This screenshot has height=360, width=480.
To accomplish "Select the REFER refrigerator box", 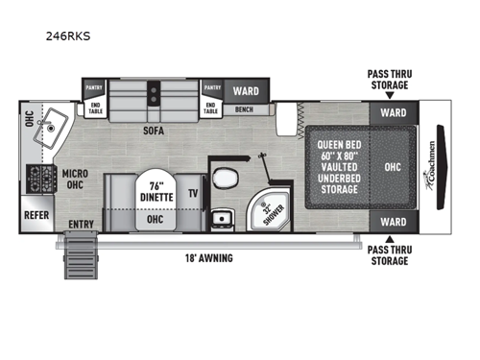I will (x=38, y=214).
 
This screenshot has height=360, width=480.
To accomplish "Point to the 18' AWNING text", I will (x=210, y=257).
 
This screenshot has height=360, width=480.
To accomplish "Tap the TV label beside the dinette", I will (x=193, y=193).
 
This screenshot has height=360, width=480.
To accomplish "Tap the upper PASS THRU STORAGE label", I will (x=389, y=80).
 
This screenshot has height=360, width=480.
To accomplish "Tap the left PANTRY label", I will (x=95, y=86).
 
